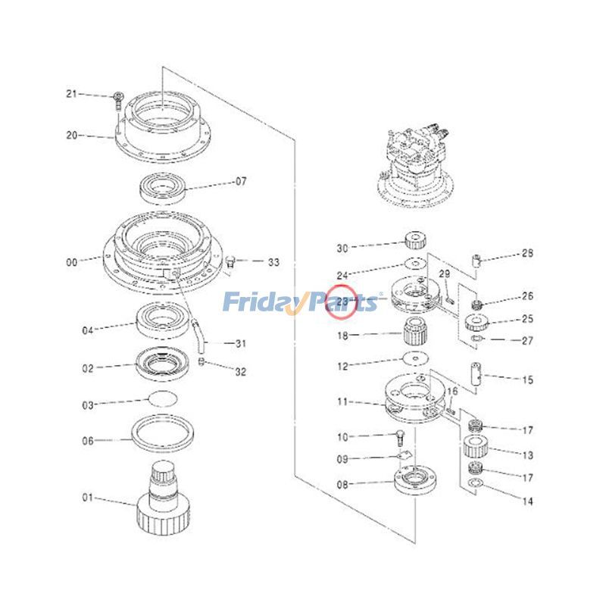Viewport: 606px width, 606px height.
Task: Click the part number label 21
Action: pos(72,94)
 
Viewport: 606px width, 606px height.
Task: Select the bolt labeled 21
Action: pos(118,98)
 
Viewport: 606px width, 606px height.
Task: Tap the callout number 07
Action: pos(241,182)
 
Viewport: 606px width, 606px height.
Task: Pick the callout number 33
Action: pos(273,262)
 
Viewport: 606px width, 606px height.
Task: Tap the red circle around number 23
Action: pos(341,302)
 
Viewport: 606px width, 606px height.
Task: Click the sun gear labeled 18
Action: pos(414,331)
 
